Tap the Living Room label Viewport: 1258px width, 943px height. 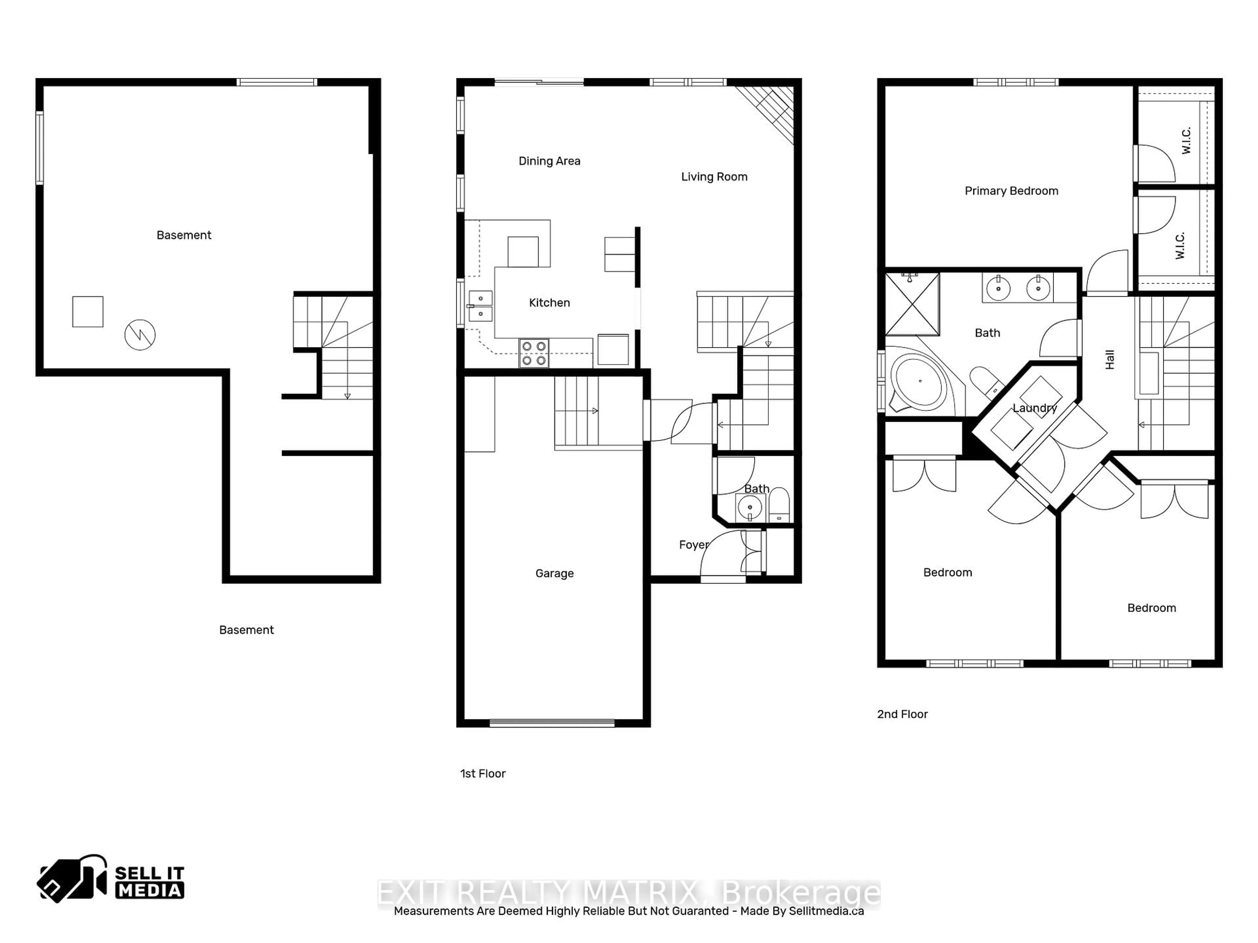(x=714, y=177)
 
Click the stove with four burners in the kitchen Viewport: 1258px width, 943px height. (x=533, y=353)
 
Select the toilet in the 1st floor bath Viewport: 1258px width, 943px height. (x=779, y=505)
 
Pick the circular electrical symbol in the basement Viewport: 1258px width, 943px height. (x=140, y=334)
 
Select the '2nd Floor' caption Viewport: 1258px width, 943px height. (x=902, y=714)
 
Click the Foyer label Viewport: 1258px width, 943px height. (x=693, y=545)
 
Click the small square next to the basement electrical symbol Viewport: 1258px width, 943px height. (x=87, y=311)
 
